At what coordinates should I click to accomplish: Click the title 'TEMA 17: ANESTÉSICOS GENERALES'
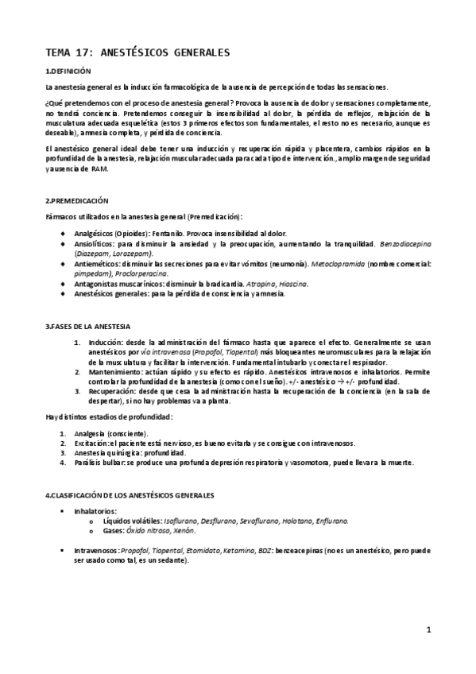[137, 52]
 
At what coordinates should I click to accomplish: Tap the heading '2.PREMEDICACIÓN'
[76, 201]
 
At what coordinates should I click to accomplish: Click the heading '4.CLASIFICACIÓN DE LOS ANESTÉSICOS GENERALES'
[130, 495]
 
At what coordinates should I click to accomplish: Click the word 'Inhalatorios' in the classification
[95, 510]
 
